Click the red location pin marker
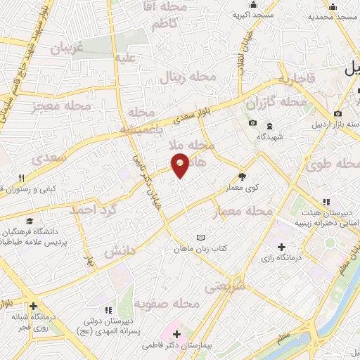[x=181, y=165]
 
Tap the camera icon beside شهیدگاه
[x=252, y=124]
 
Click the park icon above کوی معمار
[x=243, y=176]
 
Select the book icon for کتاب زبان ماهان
[x=202, y=238]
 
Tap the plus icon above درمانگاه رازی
[x=281, y=247]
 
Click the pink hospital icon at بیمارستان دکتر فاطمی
[x=176, y=334]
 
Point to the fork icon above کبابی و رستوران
[x=22, y=178]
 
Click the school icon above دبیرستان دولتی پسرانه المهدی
[x=107, y=310]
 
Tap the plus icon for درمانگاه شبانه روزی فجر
[x=33, y=306]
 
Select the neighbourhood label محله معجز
[x=62, y=107]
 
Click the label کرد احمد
[x=91, y=209]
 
